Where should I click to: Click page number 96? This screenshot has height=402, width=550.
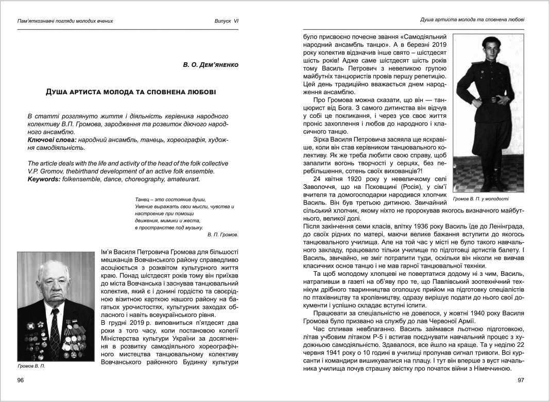pyautogui.click(x=21, y=380)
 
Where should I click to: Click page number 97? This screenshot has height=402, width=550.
pyautogui.click(x=520, y=380)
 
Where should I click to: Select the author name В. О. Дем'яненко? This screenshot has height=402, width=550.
pyautogui.click(x=210, y=65)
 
